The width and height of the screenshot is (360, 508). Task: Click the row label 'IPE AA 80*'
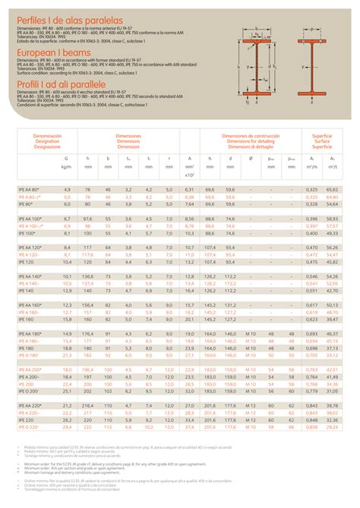click(31, 188)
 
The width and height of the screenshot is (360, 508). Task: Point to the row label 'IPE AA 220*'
click(33, 406)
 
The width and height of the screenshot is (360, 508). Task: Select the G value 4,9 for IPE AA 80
click(67, 188)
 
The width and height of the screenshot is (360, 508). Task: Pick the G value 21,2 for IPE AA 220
click(67, 406)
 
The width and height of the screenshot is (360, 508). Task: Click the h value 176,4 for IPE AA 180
click(87, 333)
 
